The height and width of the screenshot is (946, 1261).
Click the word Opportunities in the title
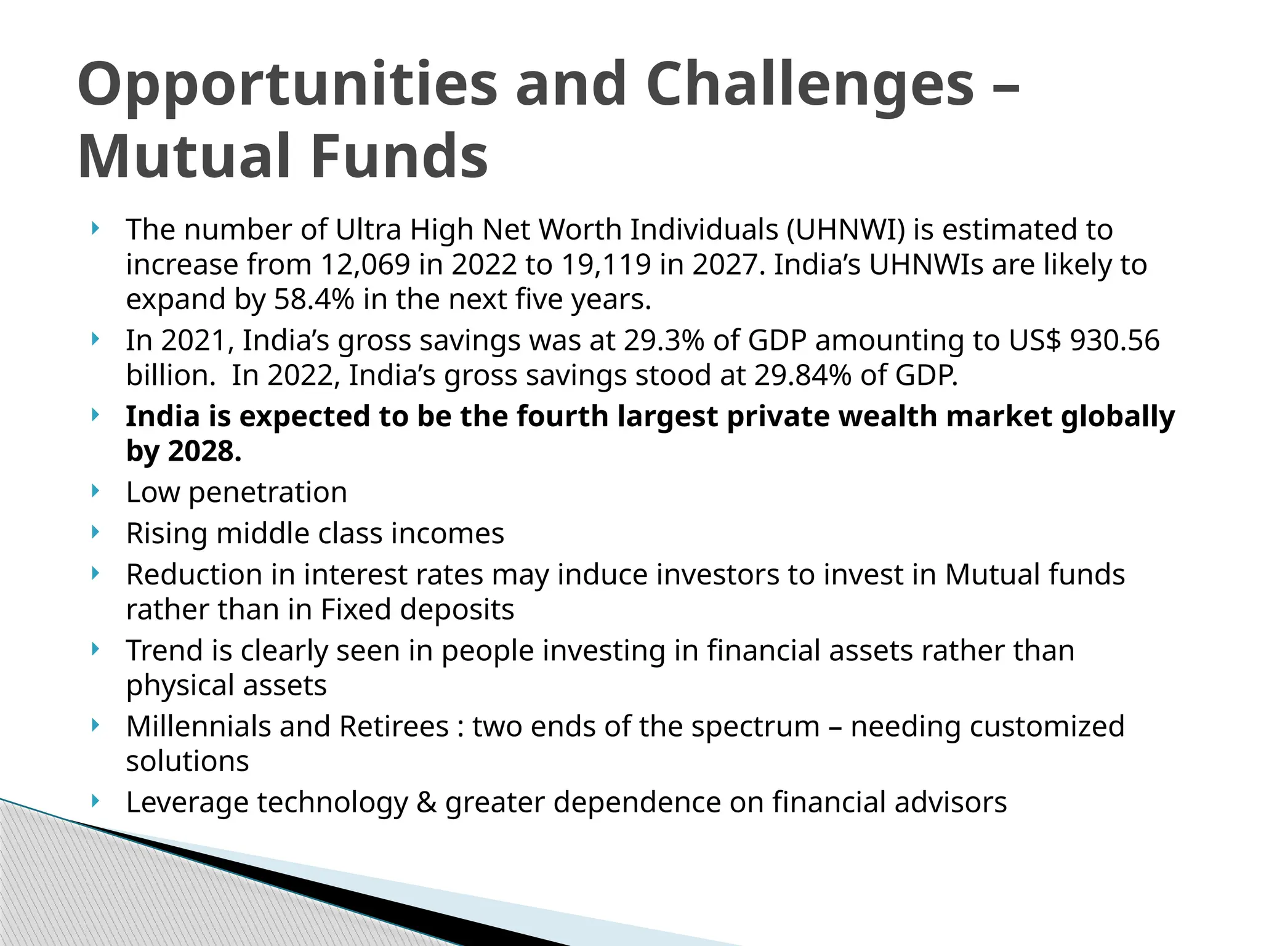coord(287,85)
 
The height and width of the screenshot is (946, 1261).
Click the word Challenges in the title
coord(810,85)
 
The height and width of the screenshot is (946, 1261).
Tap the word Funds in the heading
coord(400,156)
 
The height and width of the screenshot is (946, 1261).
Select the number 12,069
coord(365,265)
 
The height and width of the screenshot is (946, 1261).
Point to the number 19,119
coord(606,265)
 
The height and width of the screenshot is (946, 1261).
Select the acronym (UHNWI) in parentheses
coord(846,230)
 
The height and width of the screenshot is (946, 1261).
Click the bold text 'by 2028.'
coord(183,451)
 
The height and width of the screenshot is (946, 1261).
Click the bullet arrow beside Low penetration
coord(95,491)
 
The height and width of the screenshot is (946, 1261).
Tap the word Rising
coord(167,533)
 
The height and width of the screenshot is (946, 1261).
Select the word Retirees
coord(394,727)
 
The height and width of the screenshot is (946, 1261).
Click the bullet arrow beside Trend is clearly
coord(95,649)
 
